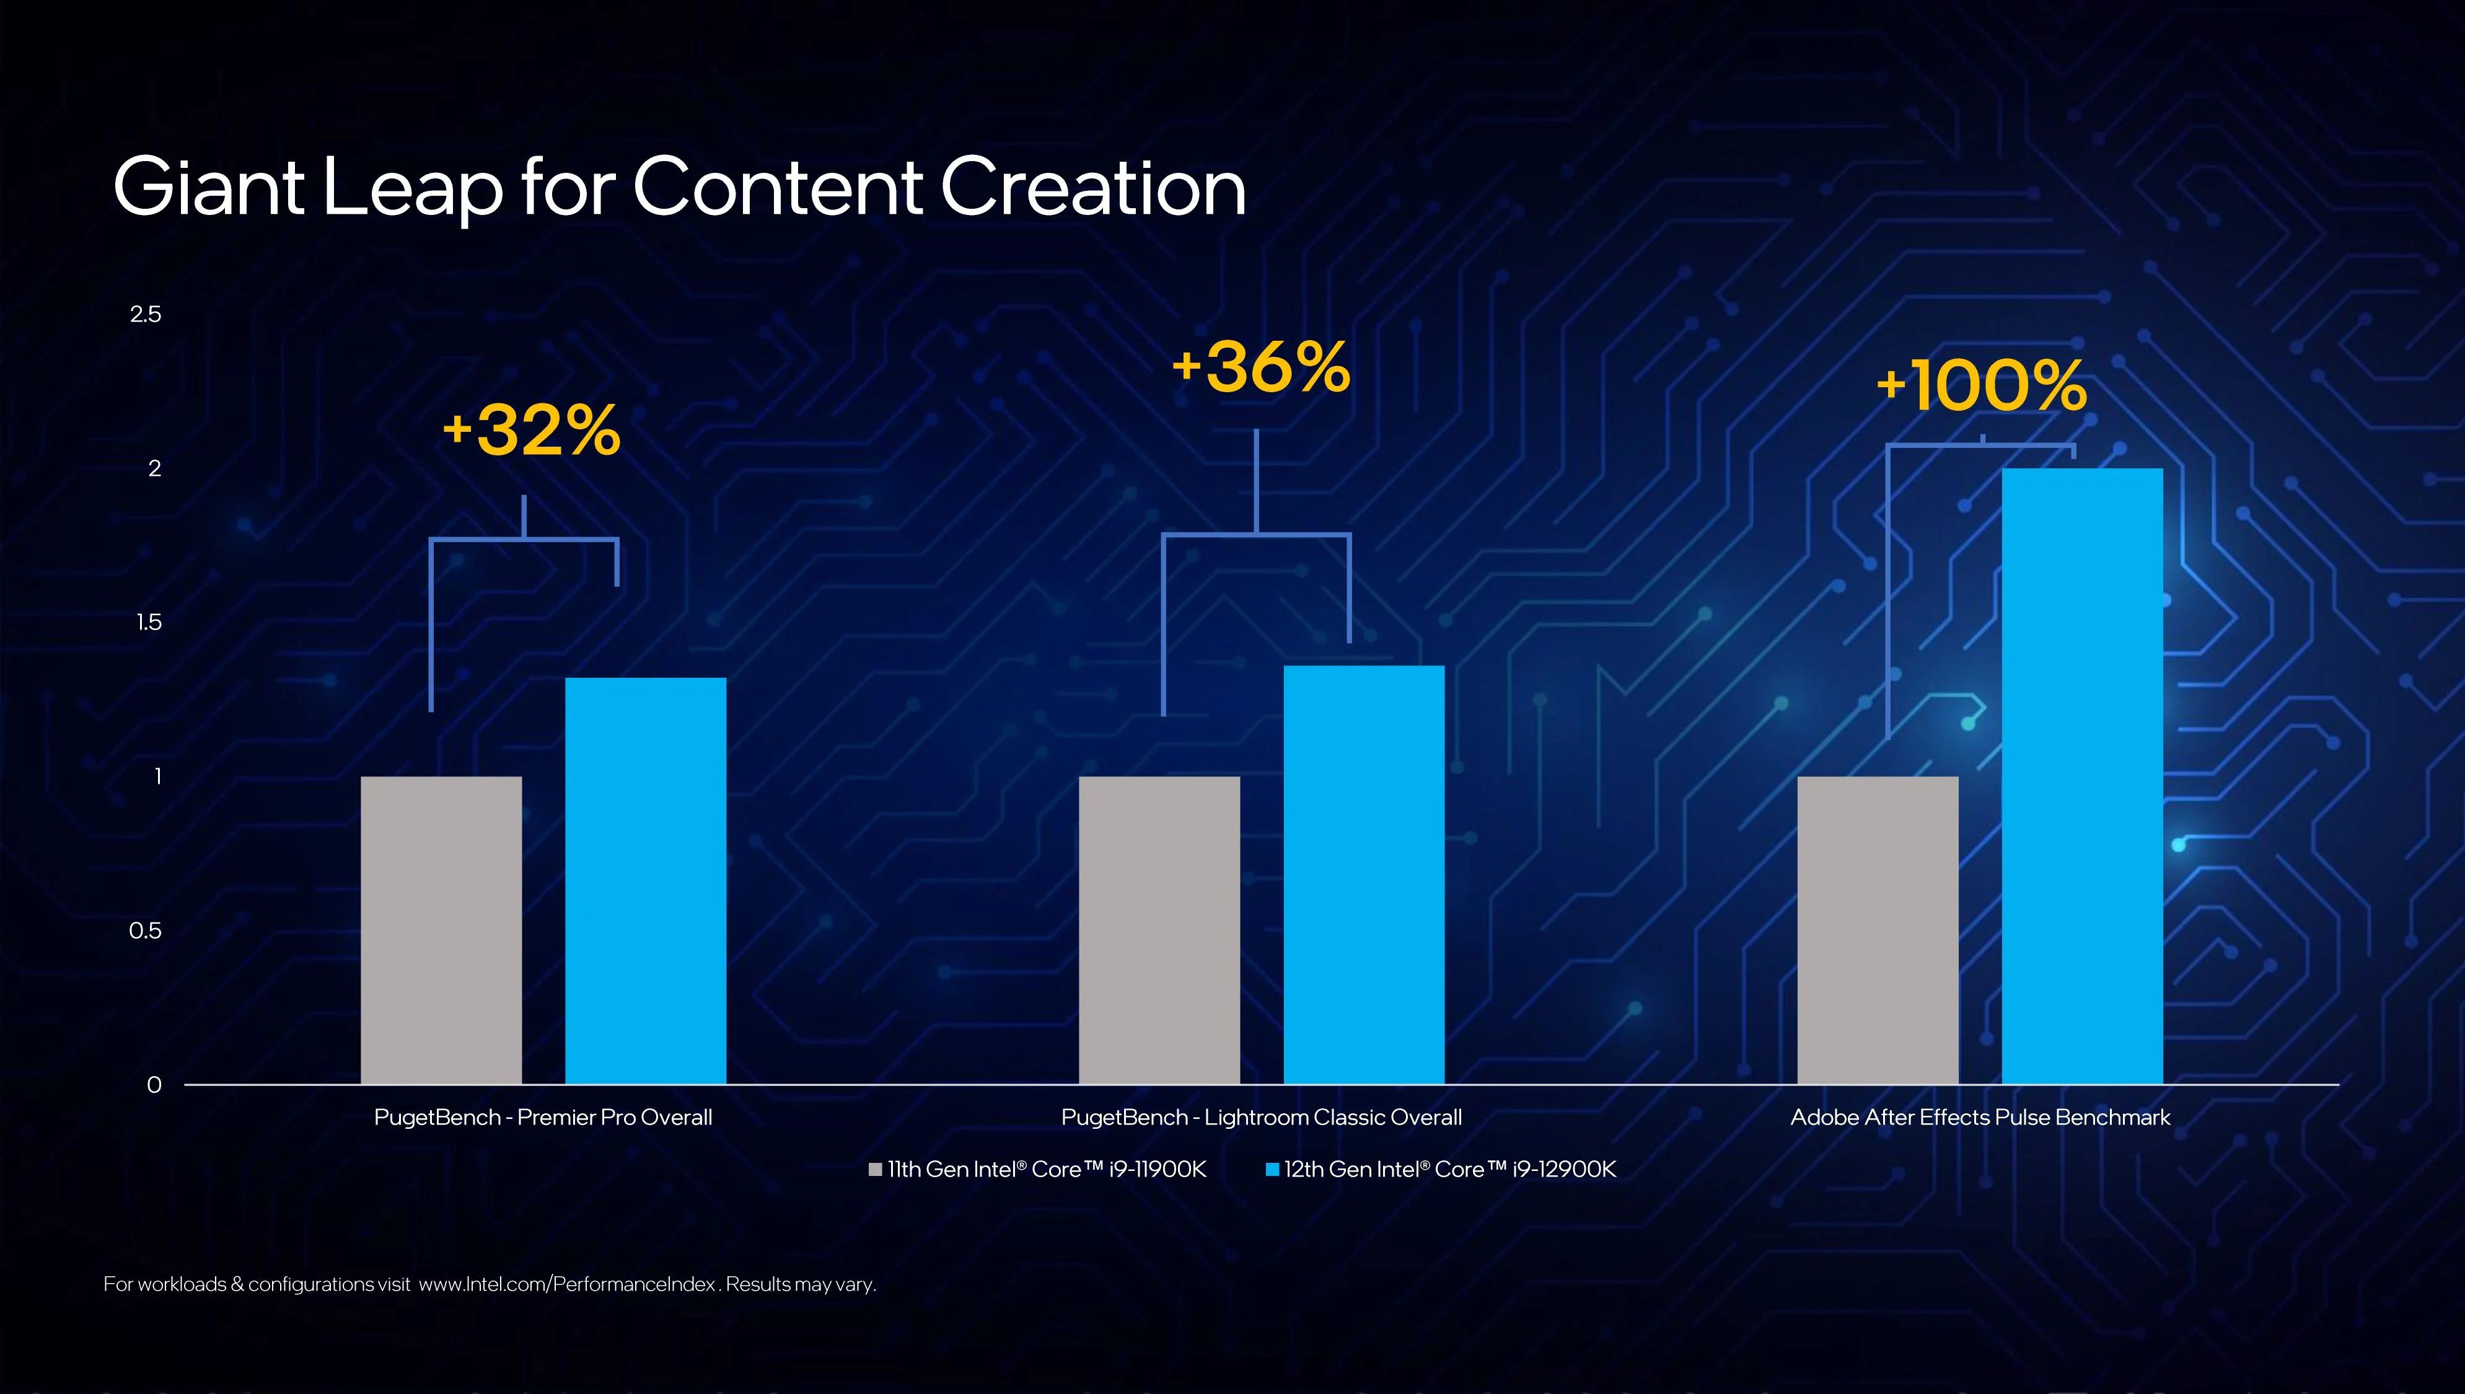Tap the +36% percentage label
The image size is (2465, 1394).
coord(1261,367)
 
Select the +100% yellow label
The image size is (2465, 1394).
coord(1980,386)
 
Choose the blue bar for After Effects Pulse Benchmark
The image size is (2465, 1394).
coord(2082,776)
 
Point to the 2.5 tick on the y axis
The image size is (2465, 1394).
coord(146,314)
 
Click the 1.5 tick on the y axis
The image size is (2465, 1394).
coord(148,622)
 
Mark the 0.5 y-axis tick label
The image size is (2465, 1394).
coord(146,931)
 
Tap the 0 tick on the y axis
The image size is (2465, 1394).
coord(154,1085)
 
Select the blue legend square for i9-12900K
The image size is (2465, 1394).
coord(1272,1169)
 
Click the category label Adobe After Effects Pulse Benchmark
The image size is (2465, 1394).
coord(1980,1117)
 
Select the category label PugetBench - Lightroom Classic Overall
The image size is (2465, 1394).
coord(1261,1117)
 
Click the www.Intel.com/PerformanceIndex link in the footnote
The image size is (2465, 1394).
coord(568,1284)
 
